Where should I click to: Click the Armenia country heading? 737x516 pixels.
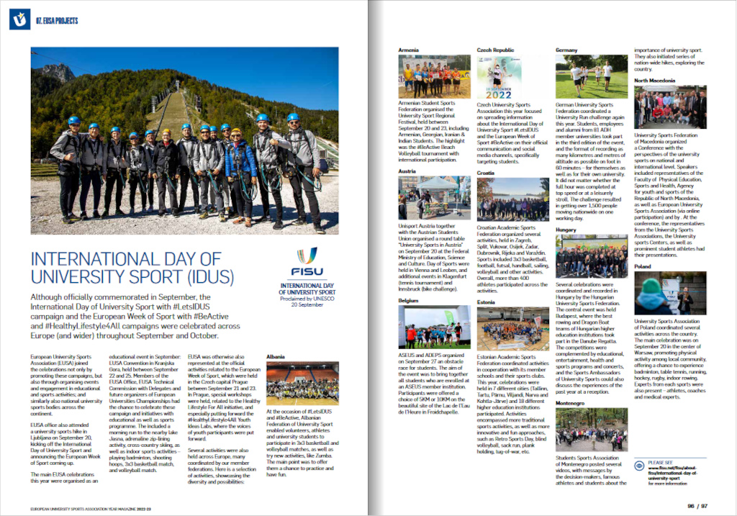tap(410, 50)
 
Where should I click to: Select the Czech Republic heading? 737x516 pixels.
tap(496, 50)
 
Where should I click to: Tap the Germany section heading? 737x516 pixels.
tap(567, 50)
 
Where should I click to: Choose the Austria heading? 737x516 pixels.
tap(408, 171)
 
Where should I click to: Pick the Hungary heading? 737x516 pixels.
tap(566, 230)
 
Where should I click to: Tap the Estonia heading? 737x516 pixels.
tap(487, 303)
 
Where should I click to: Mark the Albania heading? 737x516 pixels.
tap(276, 356)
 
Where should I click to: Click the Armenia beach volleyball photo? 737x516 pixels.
tap(434, 77)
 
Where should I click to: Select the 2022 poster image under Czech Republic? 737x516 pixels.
tap(498, 77)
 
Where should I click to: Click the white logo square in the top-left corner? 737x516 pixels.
tap(19, 19)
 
